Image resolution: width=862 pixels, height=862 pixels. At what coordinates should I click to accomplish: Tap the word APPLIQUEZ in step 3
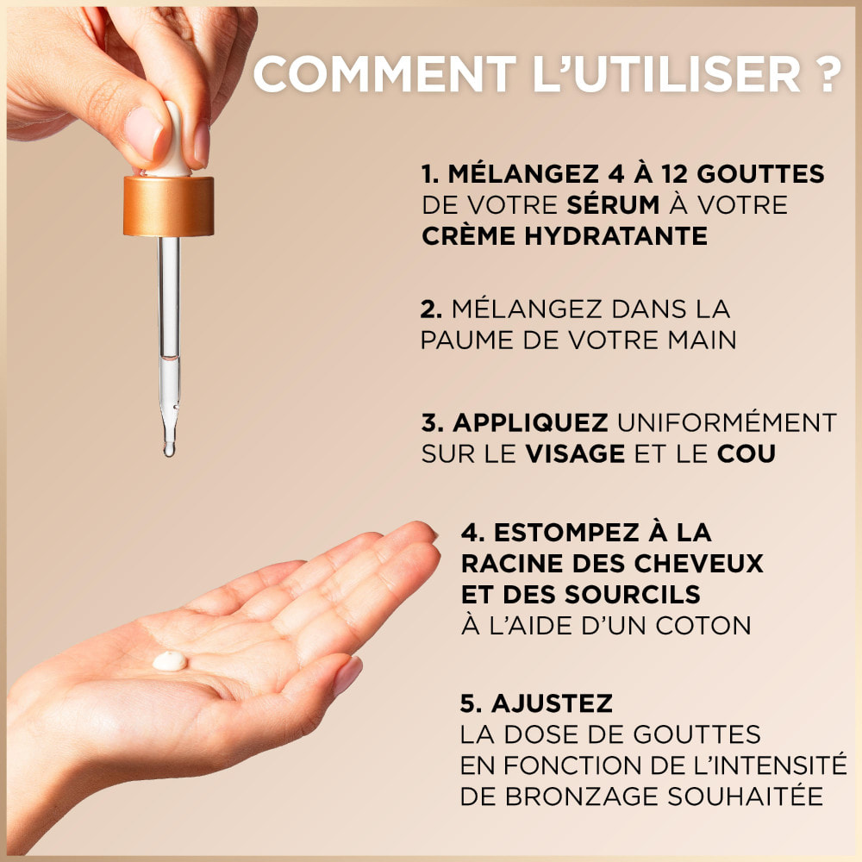[x=531, y=422]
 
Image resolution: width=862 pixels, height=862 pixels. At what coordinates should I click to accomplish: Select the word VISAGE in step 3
[x=574, y=453]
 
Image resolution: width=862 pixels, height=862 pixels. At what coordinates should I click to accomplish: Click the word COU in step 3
[x=746, y=453]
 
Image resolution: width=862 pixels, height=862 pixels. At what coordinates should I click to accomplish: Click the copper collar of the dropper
[x=168, y=206]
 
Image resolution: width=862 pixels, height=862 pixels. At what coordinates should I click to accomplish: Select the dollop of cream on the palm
[x=169, y=661]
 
